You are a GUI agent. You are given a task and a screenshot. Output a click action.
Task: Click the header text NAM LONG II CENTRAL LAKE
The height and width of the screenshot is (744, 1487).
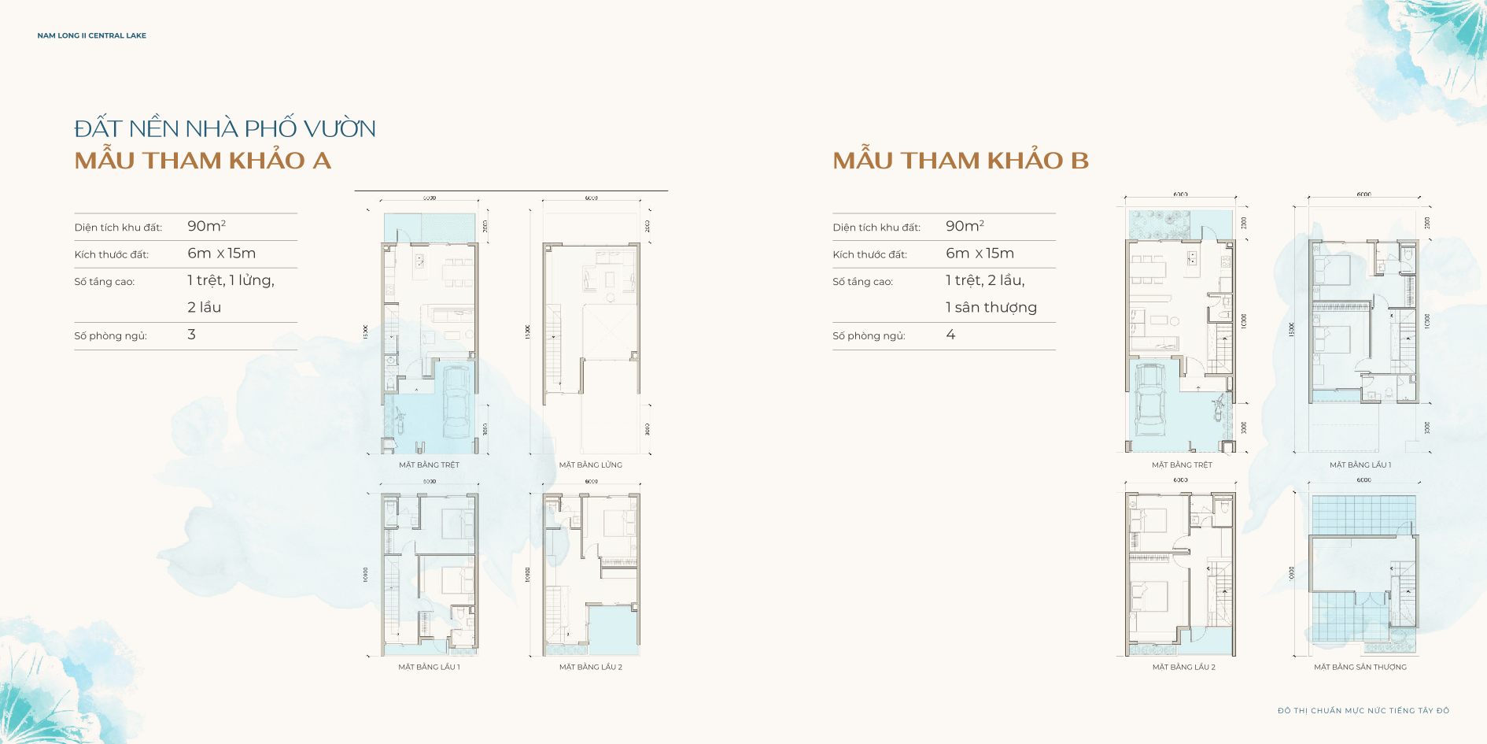[91, 35]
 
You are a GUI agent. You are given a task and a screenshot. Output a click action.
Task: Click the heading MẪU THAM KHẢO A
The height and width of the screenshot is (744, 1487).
[202, 161]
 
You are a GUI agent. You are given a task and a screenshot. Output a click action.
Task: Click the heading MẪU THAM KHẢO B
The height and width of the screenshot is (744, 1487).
[961, 161]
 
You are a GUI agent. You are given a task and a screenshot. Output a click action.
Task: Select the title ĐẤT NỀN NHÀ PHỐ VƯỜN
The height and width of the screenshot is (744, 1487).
[225, 128]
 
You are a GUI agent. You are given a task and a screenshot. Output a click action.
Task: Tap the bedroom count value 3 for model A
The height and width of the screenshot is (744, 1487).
[191, 335]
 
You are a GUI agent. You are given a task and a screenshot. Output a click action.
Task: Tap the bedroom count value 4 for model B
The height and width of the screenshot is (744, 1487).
[950, 335]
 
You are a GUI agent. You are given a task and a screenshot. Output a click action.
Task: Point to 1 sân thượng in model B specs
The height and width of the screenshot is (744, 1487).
[991, 308]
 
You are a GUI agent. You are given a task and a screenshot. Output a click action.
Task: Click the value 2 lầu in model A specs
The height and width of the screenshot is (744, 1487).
[204, 308]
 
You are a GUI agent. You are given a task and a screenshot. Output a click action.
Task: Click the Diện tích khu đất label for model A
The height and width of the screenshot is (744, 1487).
[118, 228]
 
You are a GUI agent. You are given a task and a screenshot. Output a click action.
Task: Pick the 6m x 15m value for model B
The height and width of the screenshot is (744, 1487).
[980, 254]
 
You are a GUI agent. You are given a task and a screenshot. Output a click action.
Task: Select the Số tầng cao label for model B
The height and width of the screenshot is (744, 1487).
[862, 282]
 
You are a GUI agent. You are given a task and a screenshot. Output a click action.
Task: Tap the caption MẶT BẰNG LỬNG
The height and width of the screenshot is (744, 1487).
[590, 465]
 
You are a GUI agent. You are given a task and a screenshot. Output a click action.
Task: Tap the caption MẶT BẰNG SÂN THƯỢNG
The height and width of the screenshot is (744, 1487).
[1360, 668]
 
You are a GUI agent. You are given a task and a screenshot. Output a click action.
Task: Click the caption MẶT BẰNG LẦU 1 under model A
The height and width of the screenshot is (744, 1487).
[429, 668]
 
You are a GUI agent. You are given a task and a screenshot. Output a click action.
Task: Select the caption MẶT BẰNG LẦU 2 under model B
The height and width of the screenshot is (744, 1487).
[1183, 668]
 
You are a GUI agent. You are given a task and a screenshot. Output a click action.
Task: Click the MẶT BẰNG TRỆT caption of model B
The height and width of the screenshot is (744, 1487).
[1182, 465]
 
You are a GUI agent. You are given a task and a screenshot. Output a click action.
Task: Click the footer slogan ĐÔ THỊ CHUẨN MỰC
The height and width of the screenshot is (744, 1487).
[1363, 711]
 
